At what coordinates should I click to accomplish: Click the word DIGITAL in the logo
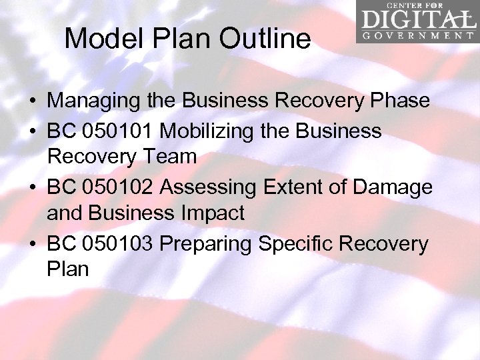coord(416,19)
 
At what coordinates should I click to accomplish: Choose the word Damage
coord(394,188)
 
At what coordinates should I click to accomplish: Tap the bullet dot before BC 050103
coord(32,245)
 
